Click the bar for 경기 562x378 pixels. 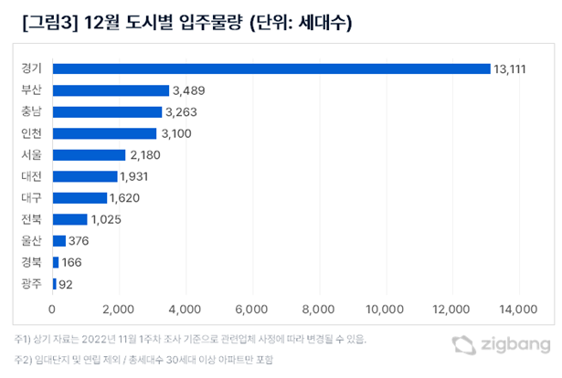coord(271,68)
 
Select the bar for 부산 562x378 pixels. coord(111,90)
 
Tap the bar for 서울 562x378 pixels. coord(89,154)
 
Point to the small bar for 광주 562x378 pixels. coord(55,284)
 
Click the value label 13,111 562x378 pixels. coord(513,69)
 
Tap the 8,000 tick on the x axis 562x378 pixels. coord(319,309)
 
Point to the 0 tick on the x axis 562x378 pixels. coord(53,309)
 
